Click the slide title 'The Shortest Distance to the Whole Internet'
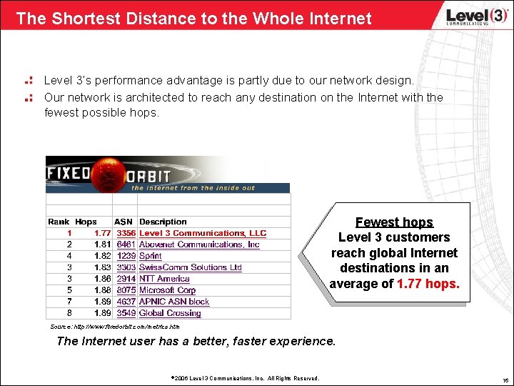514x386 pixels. click(x=193, y=18)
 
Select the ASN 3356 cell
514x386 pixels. click(x=126, y=233)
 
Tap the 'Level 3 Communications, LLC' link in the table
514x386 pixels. click(x=202, y=233)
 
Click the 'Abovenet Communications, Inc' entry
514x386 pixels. click(x=199, y=244)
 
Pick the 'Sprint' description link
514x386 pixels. click(x=150, y=256)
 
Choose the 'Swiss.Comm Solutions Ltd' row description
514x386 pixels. click(x=190, y=267)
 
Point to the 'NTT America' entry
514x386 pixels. click(x=164, y=279)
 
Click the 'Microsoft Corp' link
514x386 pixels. click(x=167, y=290)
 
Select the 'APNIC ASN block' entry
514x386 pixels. click(x=174, y=302)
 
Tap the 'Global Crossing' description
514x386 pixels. click(x=170, y=313)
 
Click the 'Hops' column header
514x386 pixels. click(x=86, y=222)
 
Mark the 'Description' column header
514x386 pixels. click(x=163, y=222)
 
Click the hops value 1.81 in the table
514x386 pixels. click(x=102, y=244)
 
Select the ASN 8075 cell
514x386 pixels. click(x=126, y=290)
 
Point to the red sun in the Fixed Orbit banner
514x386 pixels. click(x=109, y=174)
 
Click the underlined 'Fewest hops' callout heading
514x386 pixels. click(x=394, y=222)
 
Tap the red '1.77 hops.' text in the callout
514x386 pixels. click(x=428, y=284)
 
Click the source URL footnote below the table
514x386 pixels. click(x=114, y=327)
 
